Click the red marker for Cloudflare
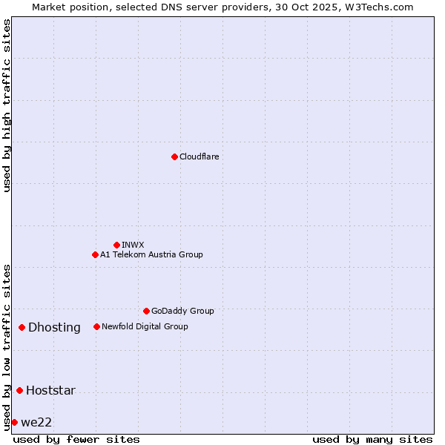(x=174, y=156)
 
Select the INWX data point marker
(x=116, y=245)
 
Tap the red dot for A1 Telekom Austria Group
(x=95, y=254)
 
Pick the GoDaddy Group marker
(x=146, y=311)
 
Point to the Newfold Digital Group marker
(x=96, y=326)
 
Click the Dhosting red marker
(x=22, y=327)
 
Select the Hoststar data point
(x=19, y=390)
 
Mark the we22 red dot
(x=14, y=422)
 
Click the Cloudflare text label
(x=200, y=156)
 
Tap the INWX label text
(x=133, y=245)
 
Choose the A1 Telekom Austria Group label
(x=151, y=254)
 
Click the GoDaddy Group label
(x=182, y=311)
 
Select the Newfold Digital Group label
(x=145, y=326)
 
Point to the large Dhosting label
(x=54, y=327)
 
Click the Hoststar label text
(x=50, y=390)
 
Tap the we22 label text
(x=36, y=422)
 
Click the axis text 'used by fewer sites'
(x=76, y=439)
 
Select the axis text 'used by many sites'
(x=372, y=439)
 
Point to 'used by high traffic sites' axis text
(x=7, y=105)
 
